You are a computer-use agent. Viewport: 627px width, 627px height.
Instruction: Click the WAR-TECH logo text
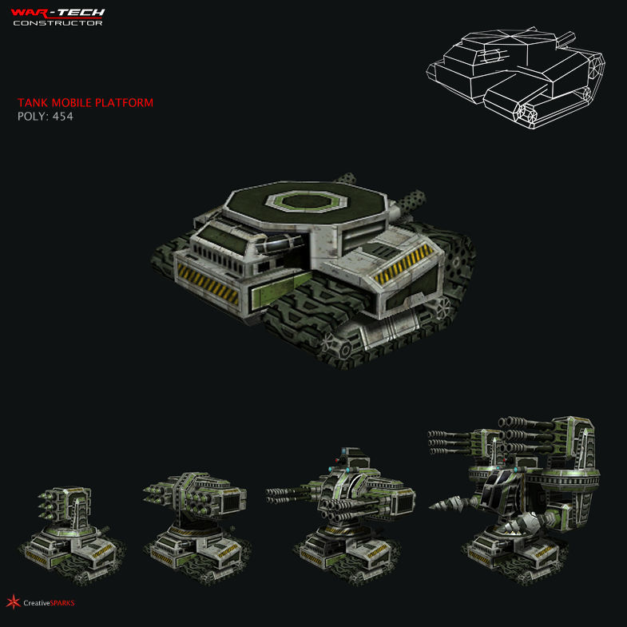[x=57, y=13]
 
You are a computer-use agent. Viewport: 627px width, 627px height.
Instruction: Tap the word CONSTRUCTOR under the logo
[x=57, y=23]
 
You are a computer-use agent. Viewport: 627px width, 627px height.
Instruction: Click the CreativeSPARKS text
[x=49, y=603]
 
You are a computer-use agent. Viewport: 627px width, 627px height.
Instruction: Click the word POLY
[x=31, y=117]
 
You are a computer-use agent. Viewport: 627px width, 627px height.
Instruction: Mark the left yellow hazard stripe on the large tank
[x=208, y=284]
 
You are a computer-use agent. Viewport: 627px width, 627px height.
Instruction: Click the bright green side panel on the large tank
[x=271, y=292]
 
